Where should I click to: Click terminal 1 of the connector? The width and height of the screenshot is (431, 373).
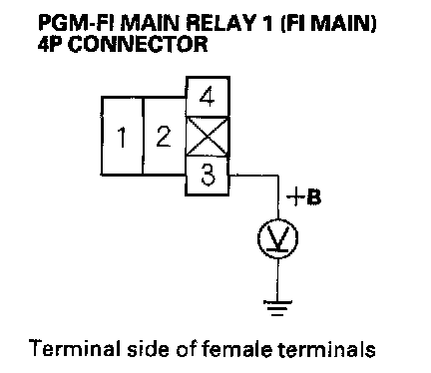click(x=122, y=136)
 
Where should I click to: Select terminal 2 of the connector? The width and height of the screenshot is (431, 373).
click(x=164, y=136)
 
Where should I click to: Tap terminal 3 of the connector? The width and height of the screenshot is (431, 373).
click(x=208, y=176)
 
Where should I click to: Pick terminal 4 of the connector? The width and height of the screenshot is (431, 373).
click(x=208, y=97)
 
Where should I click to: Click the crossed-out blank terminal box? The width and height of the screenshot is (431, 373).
click(x=208, y=137)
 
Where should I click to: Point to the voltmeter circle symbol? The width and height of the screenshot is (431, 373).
click(x=278, y=238)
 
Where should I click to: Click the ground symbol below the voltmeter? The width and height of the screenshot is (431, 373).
click(x=277, y=308)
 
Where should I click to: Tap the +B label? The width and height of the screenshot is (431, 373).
click(x=304, y=197)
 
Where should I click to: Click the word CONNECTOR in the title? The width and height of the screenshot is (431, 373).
click(x=138, y=44)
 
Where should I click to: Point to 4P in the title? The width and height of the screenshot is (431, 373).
click(x=51, y=44)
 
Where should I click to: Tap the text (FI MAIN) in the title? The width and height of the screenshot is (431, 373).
click(x=329, y=24)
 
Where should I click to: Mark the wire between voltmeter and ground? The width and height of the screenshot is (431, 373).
click(x=278, y=279)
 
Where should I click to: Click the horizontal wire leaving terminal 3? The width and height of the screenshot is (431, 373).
click(x=254, y=176)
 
